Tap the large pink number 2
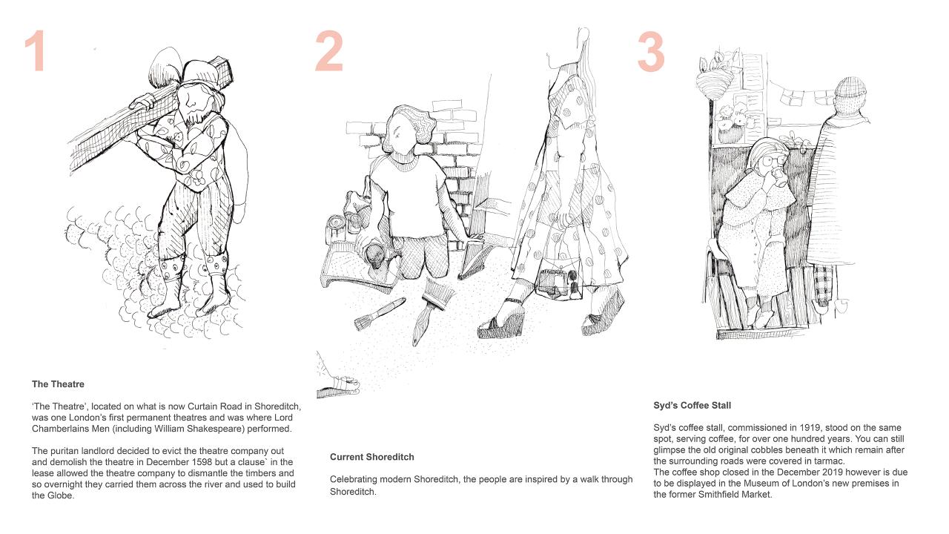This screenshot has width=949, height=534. click(x=328, y=51)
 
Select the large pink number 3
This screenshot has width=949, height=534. click(x=651, y=51)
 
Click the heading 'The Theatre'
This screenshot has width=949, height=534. click(x=58, y=384)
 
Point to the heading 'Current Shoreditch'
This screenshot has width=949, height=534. click(x=372, y=458)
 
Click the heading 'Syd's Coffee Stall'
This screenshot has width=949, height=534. click(x=692, y=406)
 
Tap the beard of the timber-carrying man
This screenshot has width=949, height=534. click(x=198, y=116)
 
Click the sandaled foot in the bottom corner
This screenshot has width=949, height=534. click(x=338, y=383)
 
